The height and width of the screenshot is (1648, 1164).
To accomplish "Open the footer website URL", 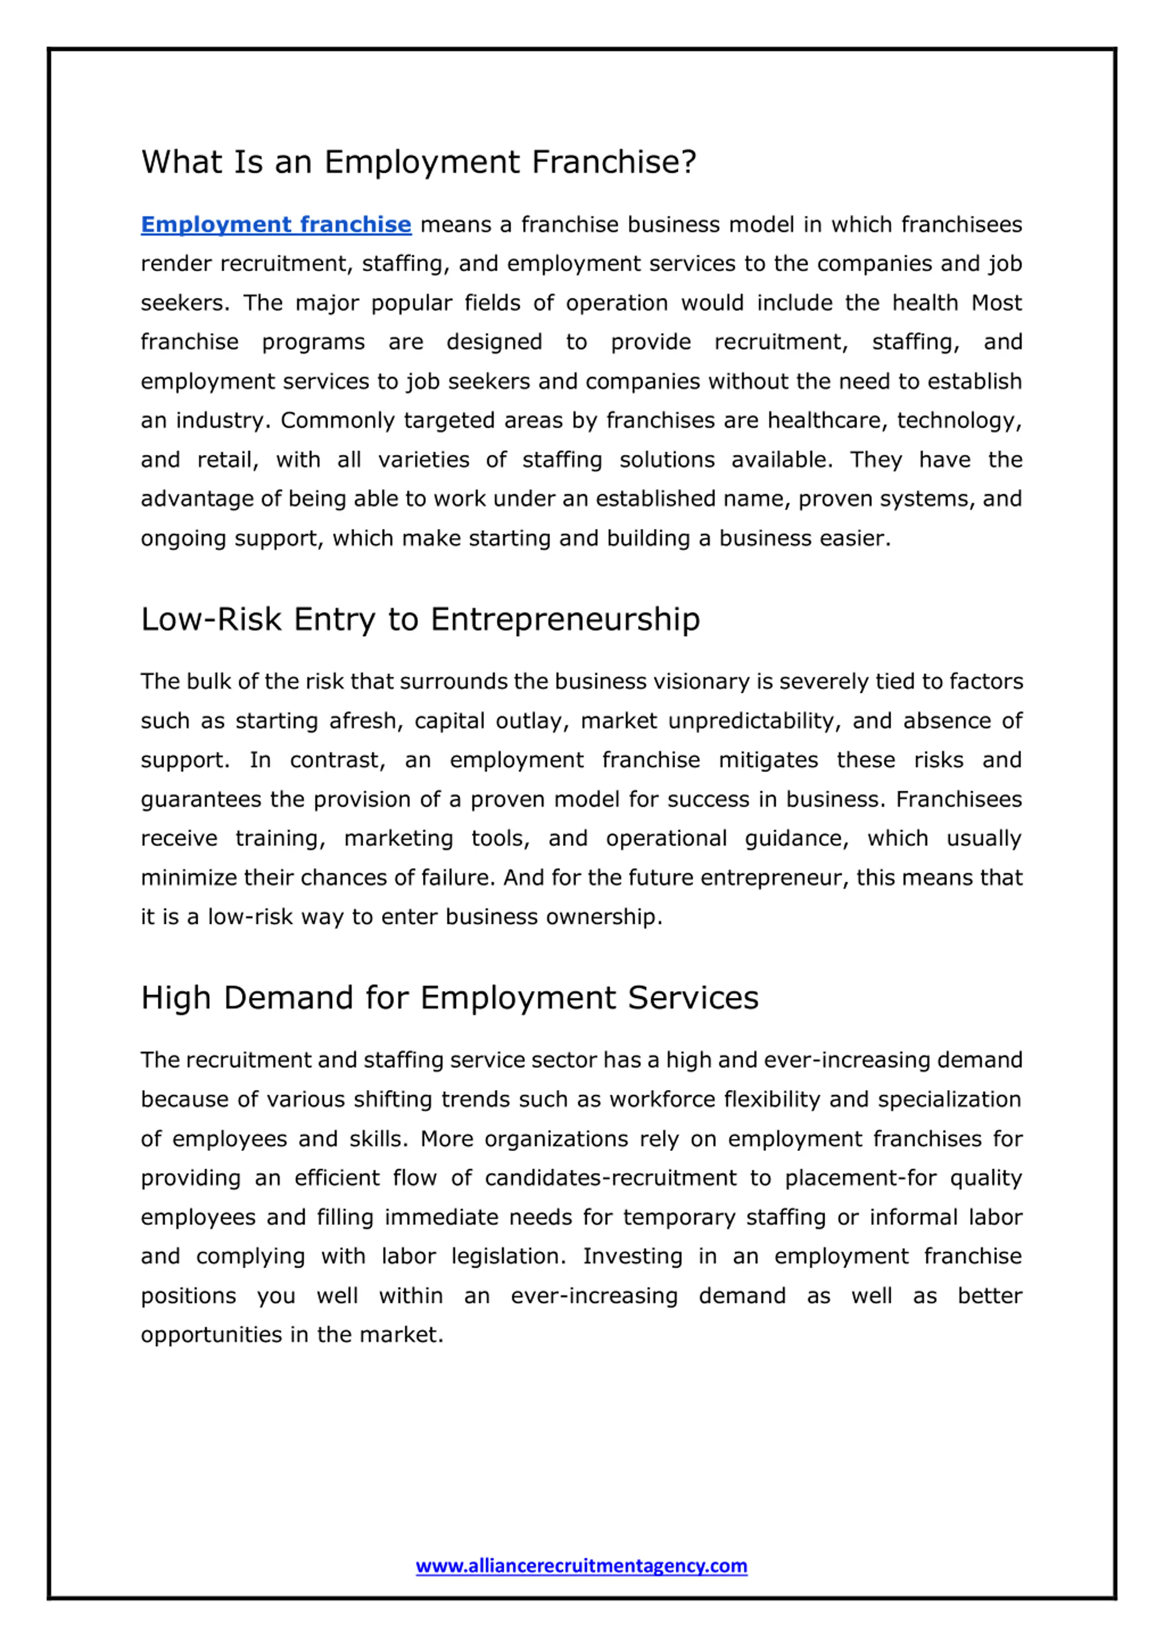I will coord(581,1565).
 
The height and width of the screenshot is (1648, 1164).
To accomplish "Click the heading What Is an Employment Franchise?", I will coord(418,162).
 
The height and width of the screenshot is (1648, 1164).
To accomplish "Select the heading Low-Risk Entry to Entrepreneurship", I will coord(420,619).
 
